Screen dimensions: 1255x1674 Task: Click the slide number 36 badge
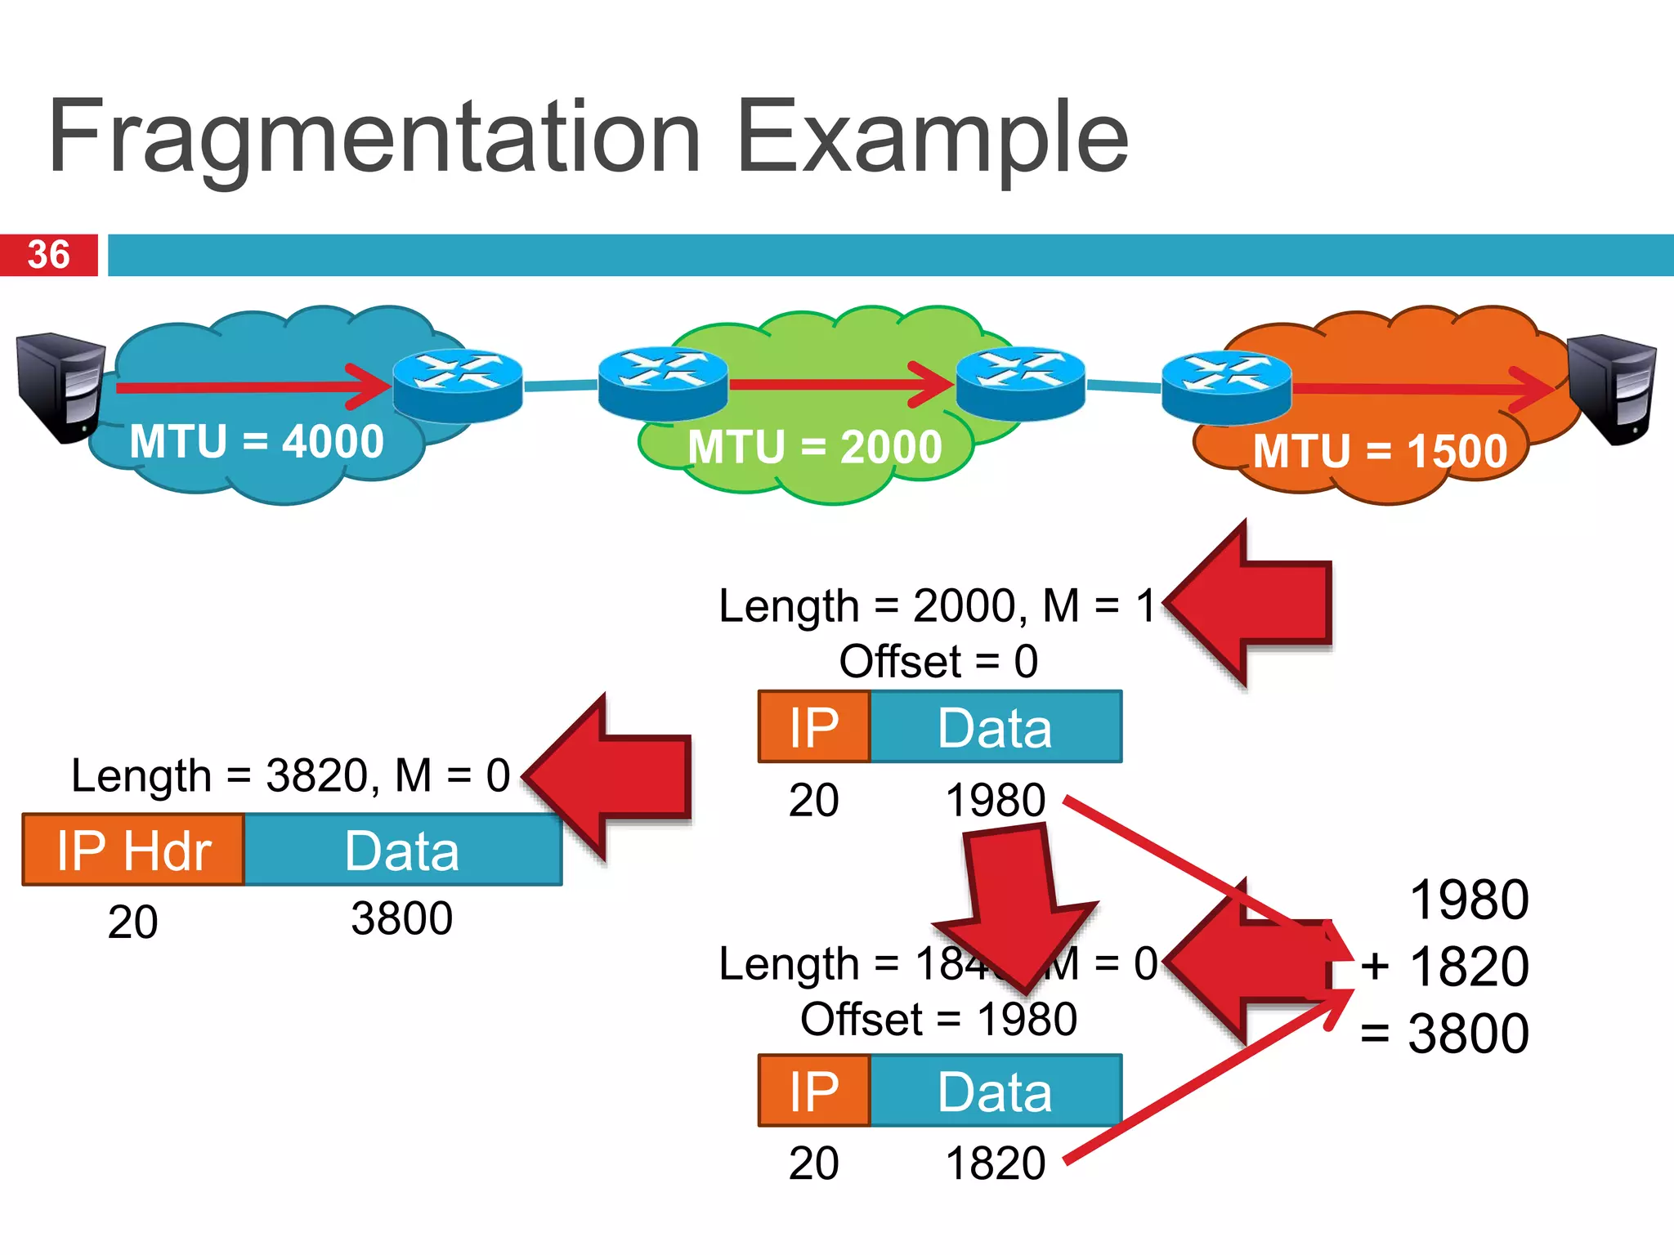pyautogui.click(x=49, y=255)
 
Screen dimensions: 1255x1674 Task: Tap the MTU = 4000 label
pyautogui.click(x=256, y=442)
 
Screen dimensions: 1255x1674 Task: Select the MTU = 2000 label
pyautogui.click(x=814, y=447)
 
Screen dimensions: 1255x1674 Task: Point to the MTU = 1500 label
pyautogui.click(x=1380, y=451)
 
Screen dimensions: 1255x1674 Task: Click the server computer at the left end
pyautogui.click(x=60, y=386)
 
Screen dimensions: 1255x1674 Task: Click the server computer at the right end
pyautogui.click(x=1614, y=388)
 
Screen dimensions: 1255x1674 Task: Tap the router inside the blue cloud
pyautogui.click(x=457, y=385)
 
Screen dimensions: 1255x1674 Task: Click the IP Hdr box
pyautogui.click(x=133, y=850)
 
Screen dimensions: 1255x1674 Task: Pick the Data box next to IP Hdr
pyautogui.click(x=402, y=850)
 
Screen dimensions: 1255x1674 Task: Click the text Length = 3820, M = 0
pyautogui.click(x=290, y=775)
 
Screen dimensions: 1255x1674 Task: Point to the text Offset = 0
pyautogui.click(x=938, y=661)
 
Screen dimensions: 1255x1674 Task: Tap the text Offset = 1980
pyautogui.click(x=938, y=1019)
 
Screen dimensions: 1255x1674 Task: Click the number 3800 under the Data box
pyautogui.click(x=401, y=918)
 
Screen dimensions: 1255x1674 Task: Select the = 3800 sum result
pyautogui.click(x=1444, y=1034)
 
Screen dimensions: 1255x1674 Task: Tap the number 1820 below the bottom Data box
pyautogui.click(x=995, y=1163)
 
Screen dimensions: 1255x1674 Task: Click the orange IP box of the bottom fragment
pyautogui.click(x=814, y=1091)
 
